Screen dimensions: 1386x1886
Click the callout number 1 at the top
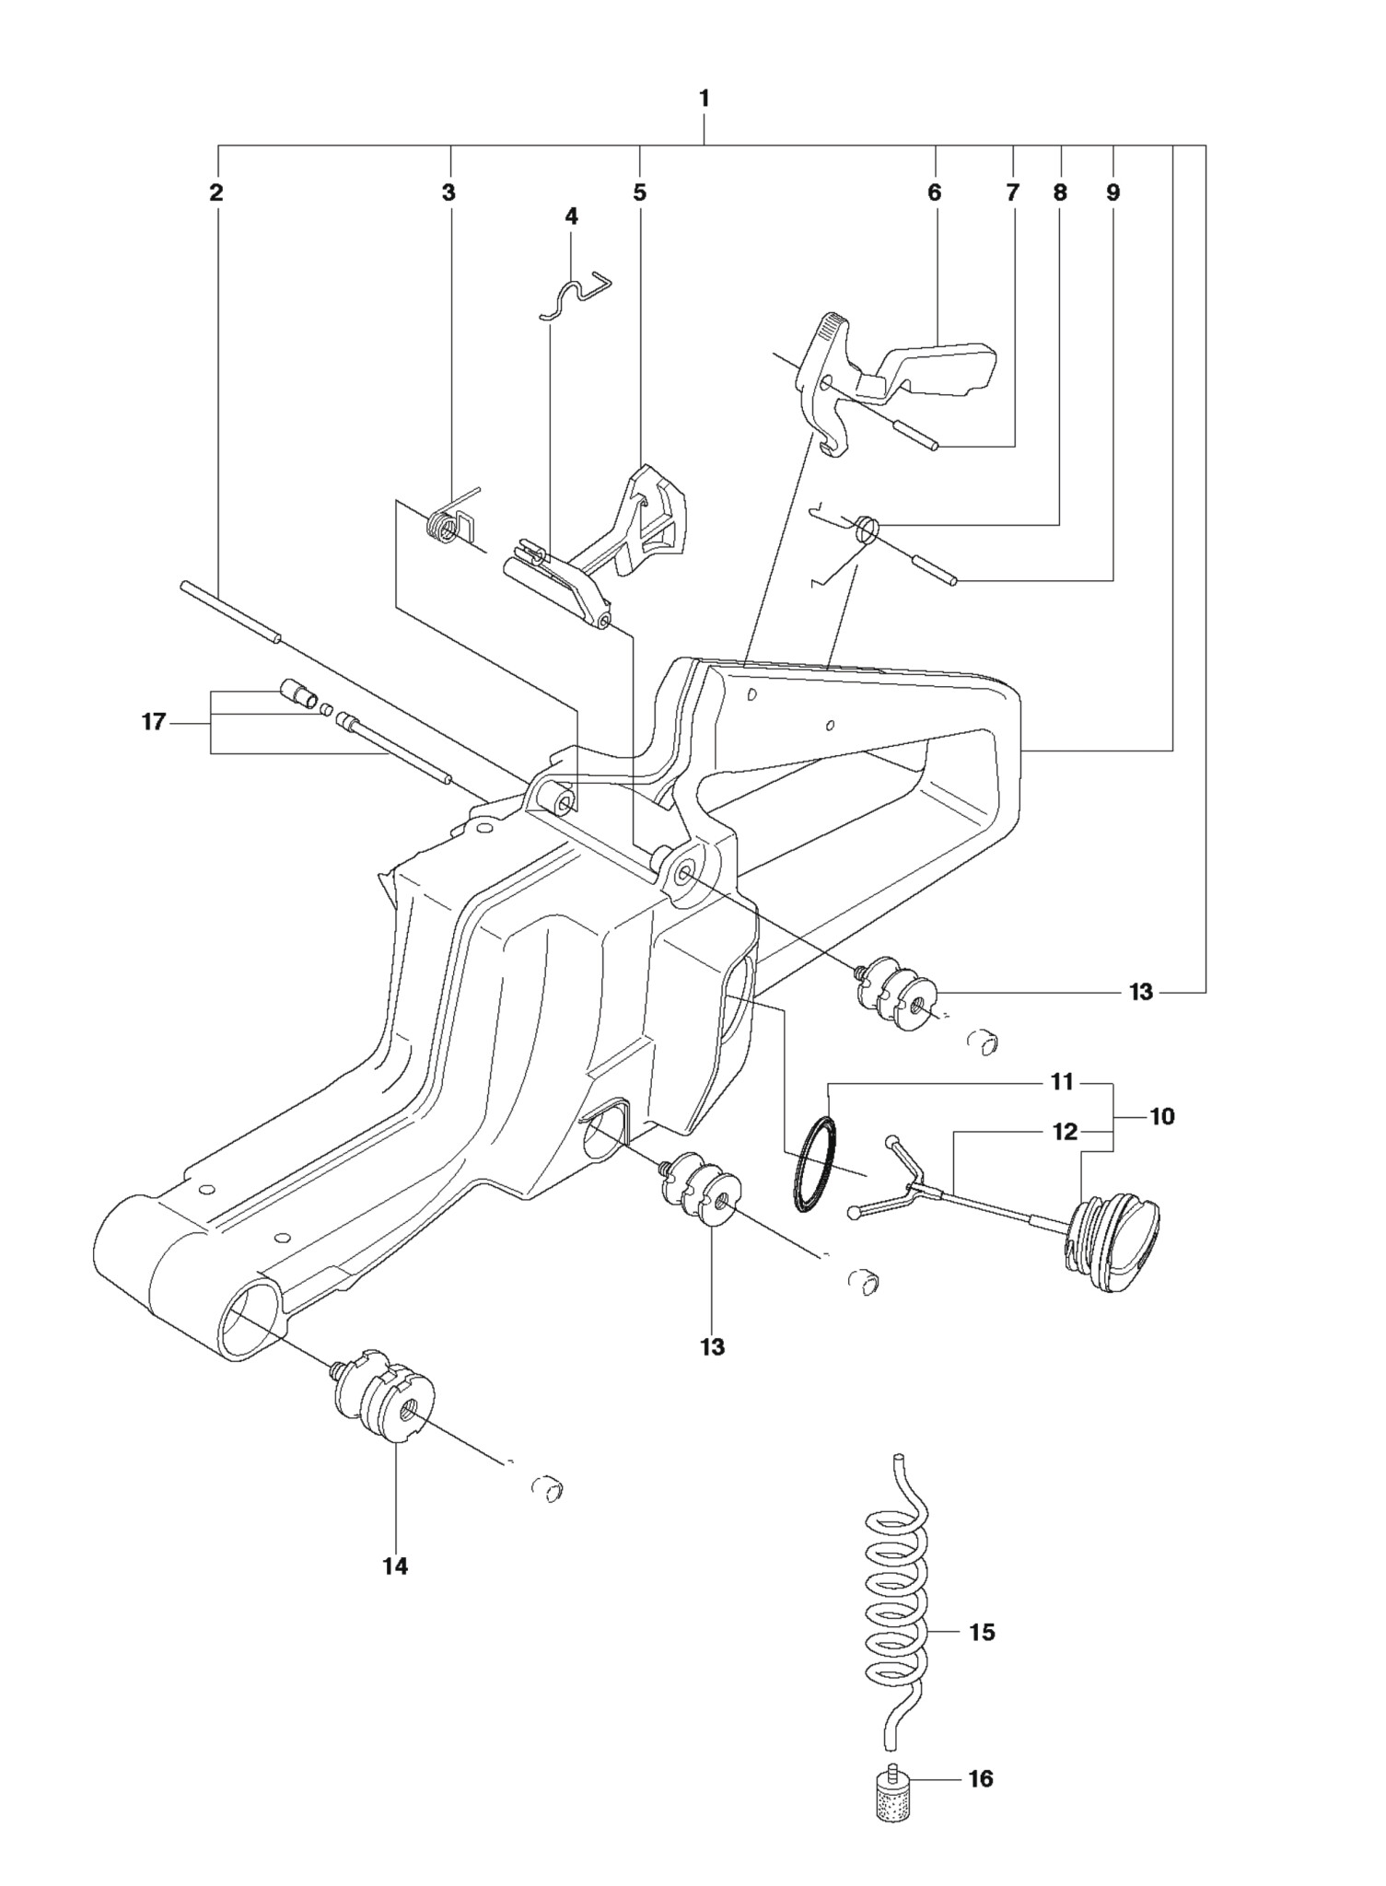(x=705, y=98)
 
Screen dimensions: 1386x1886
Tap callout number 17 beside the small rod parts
(x=153, y=722)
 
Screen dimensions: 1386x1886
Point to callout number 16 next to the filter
(x=982, y=1778)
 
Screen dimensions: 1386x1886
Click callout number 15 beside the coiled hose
(x=983, y=1632)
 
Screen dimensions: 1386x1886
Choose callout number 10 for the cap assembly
(x=1162, y=1116)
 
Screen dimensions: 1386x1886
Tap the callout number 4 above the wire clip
(x=571, y=216)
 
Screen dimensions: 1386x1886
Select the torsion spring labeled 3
(x=450, y=521)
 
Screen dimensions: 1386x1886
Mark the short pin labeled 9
(x=936, y=566)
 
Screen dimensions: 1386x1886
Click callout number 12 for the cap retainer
(x=1065, y=1132)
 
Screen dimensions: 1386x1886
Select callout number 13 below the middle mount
(x=713, y=1346)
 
